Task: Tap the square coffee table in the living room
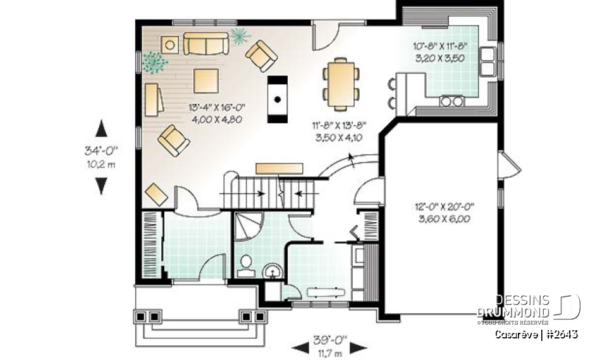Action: (x=207, y=80)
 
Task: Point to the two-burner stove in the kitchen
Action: (x=451, y=100)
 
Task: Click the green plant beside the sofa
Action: (x=238, y=35)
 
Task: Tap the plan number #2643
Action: (x=563, y=334)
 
